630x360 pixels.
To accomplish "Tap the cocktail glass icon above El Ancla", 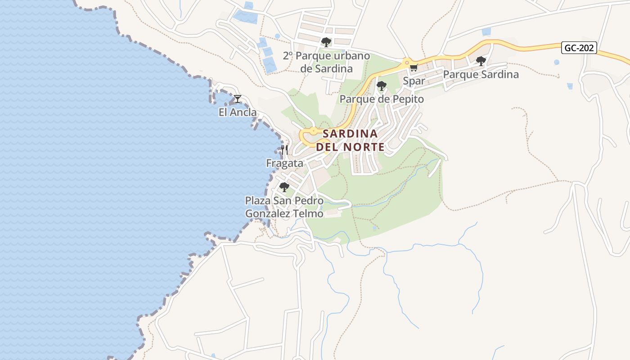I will click(x=238, y=99).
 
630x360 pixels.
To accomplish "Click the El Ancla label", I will click(x=238, y=112).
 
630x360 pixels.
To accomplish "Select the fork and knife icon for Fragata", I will click(x=284, y=150).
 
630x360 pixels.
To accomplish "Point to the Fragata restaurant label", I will click(x=284, y=163).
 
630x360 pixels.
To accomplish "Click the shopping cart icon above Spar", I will click(x=414, y=68).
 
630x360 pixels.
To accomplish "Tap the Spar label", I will click(x=414, y=81).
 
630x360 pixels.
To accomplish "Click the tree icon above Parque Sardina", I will click(x=481, y=61).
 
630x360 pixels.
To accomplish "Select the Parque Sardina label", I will click(x=481, y=75).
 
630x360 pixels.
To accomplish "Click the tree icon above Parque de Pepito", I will click(x=382, y=85).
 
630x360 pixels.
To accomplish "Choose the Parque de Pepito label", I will click(x=382, y=99).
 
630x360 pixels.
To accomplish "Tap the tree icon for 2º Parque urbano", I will click(x=326, y=42).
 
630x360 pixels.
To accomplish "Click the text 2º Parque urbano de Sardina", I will click(x=326, y=63).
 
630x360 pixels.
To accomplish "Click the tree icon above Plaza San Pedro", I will click(x=284, y=187).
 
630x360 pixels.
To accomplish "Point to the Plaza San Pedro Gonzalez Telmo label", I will click(x=284, y=207).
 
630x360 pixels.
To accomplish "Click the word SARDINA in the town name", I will click(x=350, y=134).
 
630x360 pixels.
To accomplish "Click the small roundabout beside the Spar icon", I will click(x=406, y=62).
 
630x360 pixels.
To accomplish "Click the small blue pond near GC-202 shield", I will click(x=557, y=62).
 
